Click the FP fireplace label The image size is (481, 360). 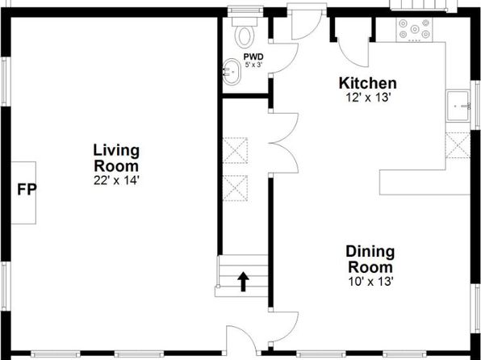click(27, 190)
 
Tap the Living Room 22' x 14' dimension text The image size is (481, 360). click(116, 181)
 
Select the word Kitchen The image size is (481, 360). click(367, 83)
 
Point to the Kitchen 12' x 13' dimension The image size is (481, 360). click(368, 98)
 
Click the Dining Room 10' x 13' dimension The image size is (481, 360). click(370, 281)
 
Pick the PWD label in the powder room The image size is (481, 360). click(253, 57)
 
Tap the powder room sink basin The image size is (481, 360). click(232, 72)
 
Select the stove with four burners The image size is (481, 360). click(414, 30)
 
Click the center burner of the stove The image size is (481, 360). click(415, 29)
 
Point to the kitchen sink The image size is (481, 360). click(458, 106)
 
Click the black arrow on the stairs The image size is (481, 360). click(243, 281)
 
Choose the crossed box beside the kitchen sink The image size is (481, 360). click(458, 145)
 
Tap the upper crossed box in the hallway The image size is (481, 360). click(235, 150)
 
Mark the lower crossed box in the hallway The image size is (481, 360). click(235, 188)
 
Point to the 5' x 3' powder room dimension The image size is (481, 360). click(254, 65)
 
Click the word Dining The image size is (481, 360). click(370, 251)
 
